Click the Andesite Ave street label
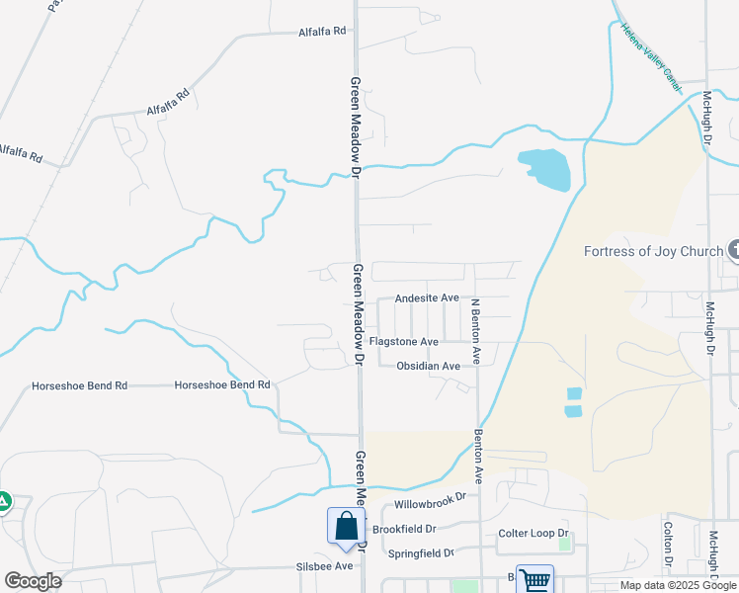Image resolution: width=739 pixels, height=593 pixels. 427,297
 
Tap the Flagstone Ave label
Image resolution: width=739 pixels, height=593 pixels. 403,342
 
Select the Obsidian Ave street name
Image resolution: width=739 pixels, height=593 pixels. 428,366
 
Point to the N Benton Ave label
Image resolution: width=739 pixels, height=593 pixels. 475,331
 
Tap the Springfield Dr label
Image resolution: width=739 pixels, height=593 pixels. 421,552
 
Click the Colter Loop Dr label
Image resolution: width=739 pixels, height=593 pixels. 534,534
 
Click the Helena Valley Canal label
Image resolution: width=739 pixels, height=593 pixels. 650,59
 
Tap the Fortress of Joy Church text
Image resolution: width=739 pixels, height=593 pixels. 654,251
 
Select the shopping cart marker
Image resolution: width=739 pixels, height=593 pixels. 534,579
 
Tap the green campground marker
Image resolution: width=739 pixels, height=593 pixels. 3,502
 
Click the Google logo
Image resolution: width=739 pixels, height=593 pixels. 33,580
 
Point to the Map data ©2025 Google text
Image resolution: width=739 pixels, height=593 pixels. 677,585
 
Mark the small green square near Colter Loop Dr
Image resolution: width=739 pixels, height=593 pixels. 564,543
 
